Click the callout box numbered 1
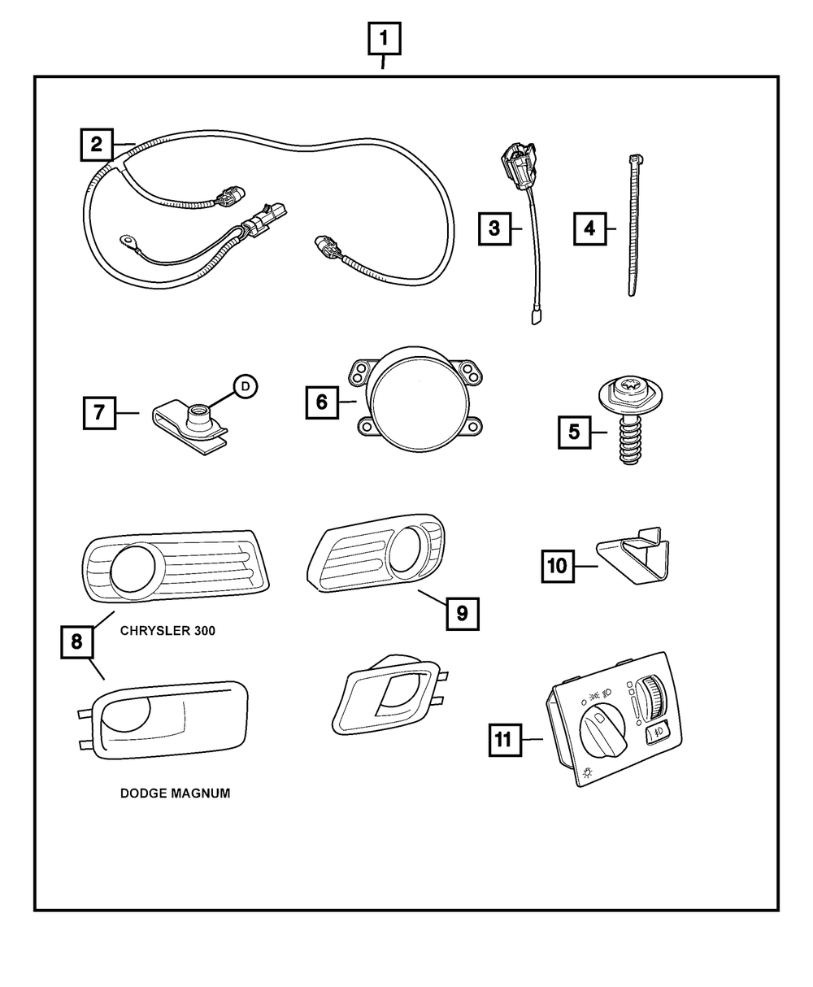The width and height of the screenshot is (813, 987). click(385, 37)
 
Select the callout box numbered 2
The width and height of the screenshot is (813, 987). click(96, 146)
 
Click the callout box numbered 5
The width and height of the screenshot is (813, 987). click(574, 432)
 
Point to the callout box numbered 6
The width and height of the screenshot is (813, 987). click(322, 402)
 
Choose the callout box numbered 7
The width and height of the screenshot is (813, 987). click(98, 413)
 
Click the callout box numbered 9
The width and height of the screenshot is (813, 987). click(461, 614)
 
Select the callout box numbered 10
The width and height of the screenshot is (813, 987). click(558, 565)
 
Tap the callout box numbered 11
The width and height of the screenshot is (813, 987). click(504, 739)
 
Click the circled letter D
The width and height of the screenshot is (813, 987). click(245, 387)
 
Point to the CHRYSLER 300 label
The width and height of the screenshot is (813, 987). click(167, 630)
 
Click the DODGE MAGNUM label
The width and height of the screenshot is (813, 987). click(175, 794)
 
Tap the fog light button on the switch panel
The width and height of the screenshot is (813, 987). click(657, 733)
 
